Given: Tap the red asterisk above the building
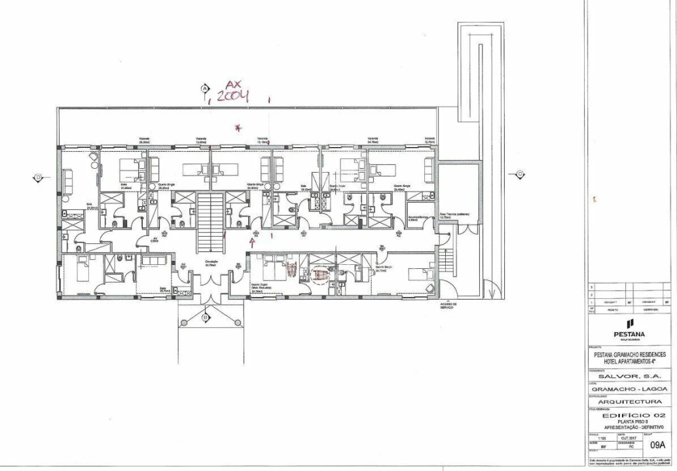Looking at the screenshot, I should [x=238, y=128].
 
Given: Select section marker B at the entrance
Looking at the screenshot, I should [x=205, y=318].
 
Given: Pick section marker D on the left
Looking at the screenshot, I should [x=39, y=177].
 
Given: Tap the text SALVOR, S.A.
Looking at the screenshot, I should [x=626, y=377].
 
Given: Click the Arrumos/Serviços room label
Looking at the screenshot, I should [x=418, y=217].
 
